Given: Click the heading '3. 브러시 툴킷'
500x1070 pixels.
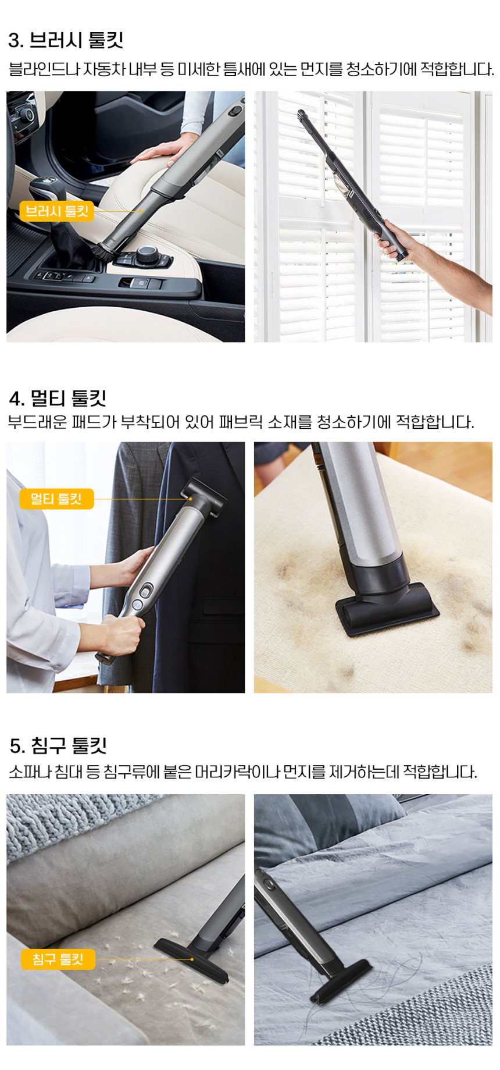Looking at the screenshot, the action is point(66,40).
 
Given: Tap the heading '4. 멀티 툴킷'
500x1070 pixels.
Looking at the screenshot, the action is point(58,399).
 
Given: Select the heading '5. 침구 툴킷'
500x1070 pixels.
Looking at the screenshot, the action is point(58,745).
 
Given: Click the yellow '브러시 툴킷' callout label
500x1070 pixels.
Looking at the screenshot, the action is point(56,211).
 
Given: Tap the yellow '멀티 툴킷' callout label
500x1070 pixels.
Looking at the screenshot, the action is point(56,499).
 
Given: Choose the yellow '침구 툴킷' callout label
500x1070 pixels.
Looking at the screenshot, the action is point(58,959).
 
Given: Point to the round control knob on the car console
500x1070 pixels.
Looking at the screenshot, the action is point(147,254).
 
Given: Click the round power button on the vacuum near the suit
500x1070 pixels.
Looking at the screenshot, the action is point(137,605).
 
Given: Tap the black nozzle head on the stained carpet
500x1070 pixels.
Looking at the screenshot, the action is point(387,608).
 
